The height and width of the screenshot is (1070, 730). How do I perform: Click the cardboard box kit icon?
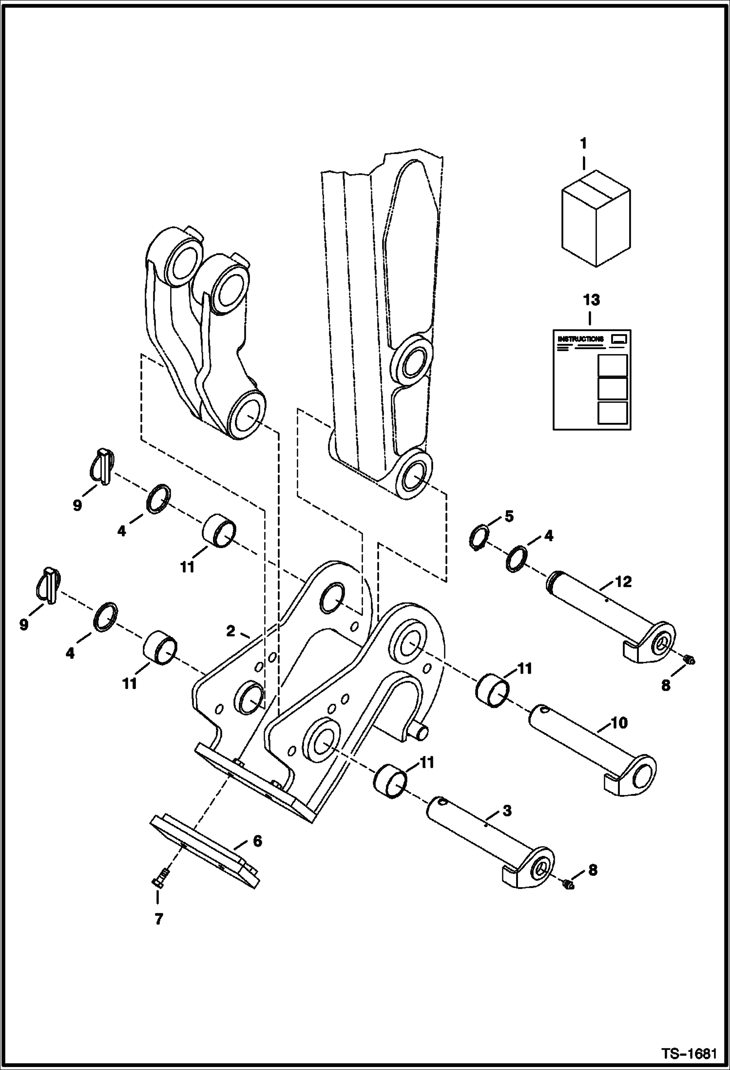pos(596,218)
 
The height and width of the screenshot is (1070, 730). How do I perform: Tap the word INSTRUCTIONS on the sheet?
pos(580,338)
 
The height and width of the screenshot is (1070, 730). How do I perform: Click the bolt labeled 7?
pos(159,882)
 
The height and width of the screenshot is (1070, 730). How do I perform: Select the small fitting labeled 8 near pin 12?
pos(689,660)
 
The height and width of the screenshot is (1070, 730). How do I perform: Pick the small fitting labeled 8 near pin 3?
pos(568,883)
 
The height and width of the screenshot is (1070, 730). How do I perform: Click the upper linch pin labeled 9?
pos(103,467)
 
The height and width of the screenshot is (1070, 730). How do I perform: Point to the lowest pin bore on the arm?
pos(413,475)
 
